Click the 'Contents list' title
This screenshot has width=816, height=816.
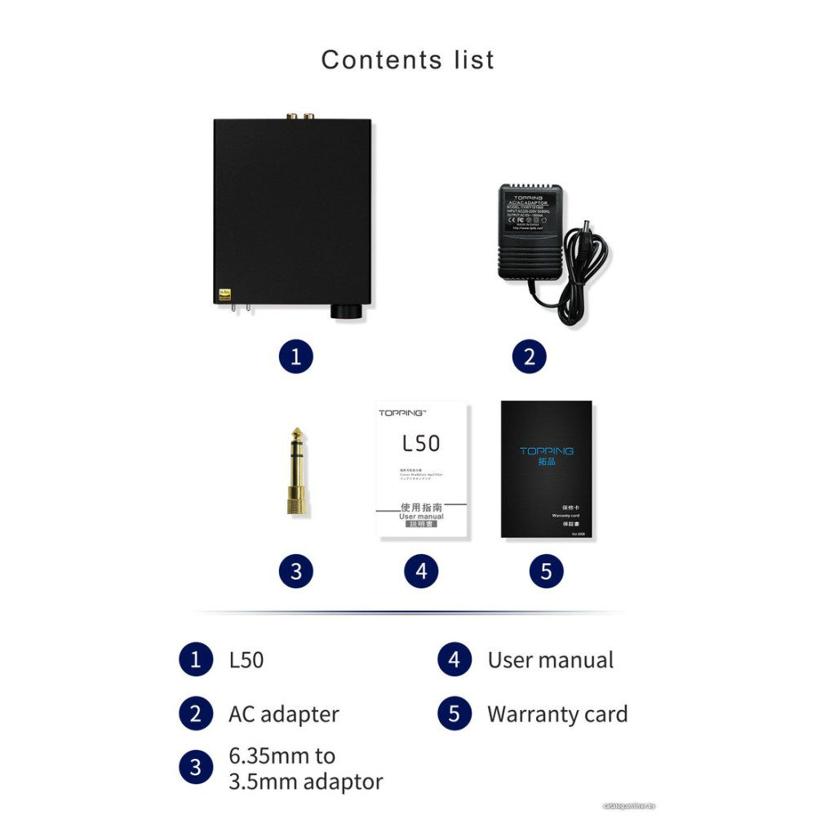[x=407, y=60]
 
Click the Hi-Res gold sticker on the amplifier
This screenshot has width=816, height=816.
[x=225, y=294]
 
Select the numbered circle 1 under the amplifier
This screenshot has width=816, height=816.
[x=295, y=357]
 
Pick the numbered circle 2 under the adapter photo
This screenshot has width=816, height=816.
[x=530, y=357]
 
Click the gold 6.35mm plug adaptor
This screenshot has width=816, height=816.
[x=295, y=471]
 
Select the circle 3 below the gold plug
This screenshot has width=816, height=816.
[x=295, y=571]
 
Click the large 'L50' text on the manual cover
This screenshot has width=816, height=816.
[x=421, y=443]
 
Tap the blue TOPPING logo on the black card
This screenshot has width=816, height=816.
[x=547, y=450]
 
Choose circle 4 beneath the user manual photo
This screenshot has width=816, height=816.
[x=421, y=571]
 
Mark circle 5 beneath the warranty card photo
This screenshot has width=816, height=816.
[x=546, y=571]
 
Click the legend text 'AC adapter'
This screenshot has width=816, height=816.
[x=283, y=714]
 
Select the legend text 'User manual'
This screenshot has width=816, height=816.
[x=551, y=660]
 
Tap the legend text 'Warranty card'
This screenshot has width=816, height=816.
[x=557, y=714]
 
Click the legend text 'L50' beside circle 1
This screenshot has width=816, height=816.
[x=246, y=660]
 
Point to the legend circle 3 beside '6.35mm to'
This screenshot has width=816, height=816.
[x=195, y=768]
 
